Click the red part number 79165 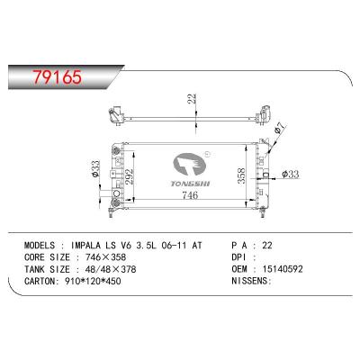click(x=57, y=77)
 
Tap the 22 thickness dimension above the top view click(x=192, y=99)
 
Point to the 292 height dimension click(x=129, y=176)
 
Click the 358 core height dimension click(x=241, y=175)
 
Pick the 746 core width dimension click(x=190, y=195)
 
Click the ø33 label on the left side click(x=95, y=168)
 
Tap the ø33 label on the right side click(x=291, y=174)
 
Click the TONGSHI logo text click(x=190, y=184)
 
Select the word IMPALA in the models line click(x=87, y=246)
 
